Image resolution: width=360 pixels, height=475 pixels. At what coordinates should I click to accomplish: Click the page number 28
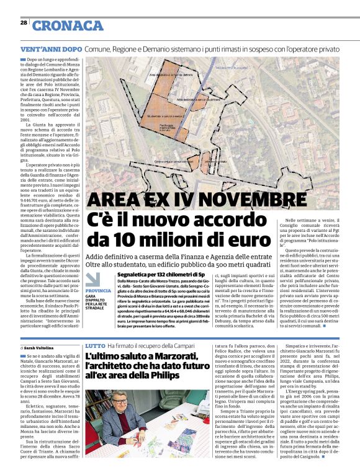[x=24, y=22]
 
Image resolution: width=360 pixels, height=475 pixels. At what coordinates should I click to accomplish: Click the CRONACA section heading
[x=68, y=25]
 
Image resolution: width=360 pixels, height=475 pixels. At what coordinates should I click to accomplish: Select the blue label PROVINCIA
[x=98, y=290]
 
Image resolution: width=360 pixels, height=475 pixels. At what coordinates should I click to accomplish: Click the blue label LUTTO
[x=95, y=345]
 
